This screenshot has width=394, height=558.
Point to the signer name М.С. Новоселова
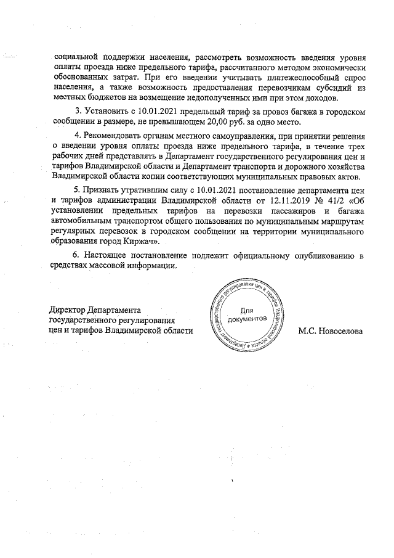(x=331, y=330)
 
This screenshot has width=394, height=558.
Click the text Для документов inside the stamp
(x=247, y=315)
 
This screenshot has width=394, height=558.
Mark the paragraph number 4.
(x=76, y=136)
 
